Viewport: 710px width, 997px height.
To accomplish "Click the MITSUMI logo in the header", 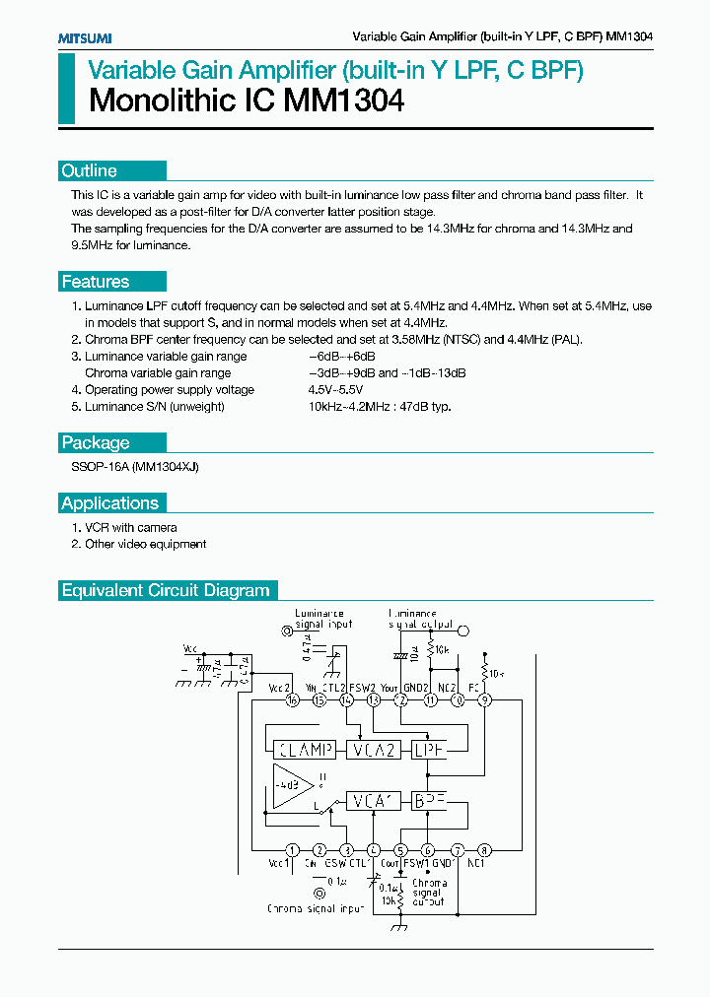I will tap(84, 37).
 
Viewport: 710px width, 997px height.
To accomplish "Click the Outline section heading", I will tap(90, 170).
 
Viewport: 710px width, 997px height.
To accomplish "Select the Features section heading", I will tap(96, 282).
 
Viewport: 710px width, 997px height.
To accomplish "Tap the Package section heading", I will tap(96, 442).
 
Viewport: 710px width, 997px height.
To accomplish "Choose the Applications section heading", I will tap(109, 503).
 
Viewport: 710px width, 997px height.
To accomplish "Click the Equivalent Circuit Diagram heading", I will tap(166, 591).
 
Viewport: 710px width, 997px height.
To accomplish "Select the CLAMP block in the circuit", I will tap(303, 750).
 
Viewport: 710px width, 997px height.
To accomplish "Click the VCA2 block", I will tap(373, 750).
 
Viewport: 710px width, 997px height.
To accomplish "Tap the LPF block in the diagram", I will tap(429, 750).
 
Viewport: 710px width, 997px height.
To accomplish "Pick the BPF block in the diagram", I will tap(429, 800).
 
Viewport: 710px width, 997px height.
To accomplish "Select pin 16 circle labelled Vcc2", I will tap(292, 699).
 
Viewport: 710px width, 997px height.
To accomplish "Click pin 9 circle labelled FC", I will tap(484, 699).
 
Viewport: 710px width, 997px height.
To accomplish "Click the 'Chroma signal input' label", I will tap(317, 908).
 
